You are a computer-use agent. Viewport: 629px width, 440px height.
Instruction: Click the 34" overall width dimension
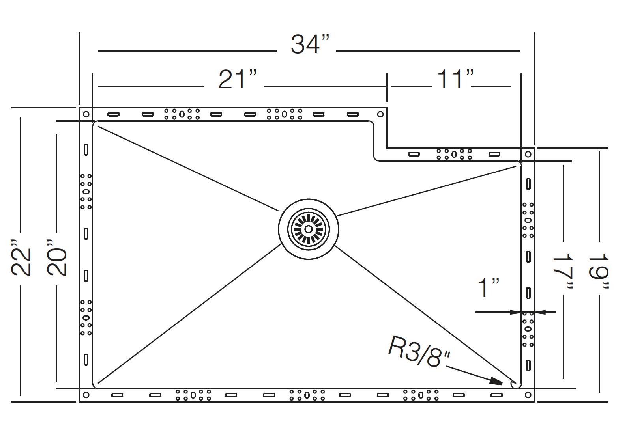pyautogui.click(x=310, y=44)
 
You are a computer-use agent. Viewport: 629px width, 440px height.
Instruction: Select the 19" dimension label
pyautogui.click(x=599, y=271)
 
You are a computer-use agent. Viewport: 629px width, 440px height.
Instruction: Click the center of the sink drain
pyautogui.click(x=309, y=229)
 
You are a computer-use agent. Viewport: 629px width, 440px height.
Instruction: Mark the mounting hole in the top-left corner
pyautogui.click(x=86, y=114)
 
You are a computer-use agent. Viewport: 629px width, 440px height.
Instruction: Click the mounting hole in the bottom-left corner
pyautogui.click(x=86, y=395)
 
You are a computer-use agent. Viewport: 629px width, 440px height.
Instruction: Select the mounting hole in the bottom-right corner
pyautogui.click(x=528, y=395)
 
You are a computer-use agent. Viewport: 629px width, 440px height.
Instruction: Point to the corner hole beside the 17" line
pyautogui.click(x=528, y=154)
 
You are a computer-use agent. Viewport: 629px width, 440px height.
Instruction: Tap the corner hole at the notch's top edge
pyautogui.click(x=380, y=114)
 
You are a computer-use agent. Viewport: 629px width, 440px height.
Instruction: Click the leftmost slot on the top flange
pyautogui.click(x=114, y=114)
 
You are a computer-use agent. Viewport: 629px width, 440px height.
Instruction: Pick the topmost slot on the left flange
pyautogui.click(x=86, y=150)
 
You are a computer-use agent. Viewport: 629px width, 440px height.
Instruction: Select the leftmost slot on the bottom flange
pyautogui.click(x=117, y=395)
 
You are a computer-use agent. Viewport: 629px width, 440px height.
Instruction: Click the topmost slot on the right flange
pyautogui.click(x=528, y=184)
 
